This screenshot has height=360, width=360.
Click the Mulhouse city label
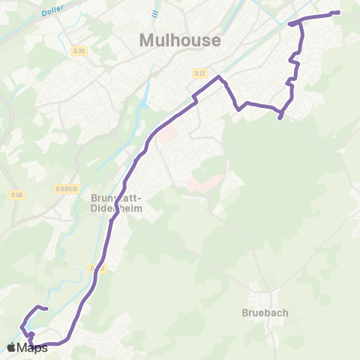(180, 40)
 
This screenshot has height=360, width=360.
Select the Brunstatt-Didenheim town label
(121, 205)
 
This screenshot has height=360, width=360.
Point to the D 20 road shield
(81, 51)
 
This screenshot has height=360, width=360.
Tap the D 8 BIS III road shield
(67, 189)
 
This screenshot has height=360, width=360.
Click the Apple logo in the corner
(11, 347)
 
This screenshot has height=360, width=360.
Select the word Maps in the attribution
(31, 347)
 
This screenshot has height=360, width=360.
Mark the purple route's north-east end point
(338, 12)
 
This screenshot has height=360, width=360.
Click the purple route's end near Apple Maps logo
(46, 308)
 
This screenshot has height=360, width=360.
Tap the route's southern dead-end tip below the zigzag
(280, 118)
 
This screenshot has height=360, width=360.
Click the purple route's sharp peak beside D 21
(219, 77)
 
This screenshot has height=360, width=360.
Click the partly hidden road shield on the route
(95, 268)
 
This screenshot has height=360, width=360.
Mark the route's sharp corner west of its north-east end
(290, 24)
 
